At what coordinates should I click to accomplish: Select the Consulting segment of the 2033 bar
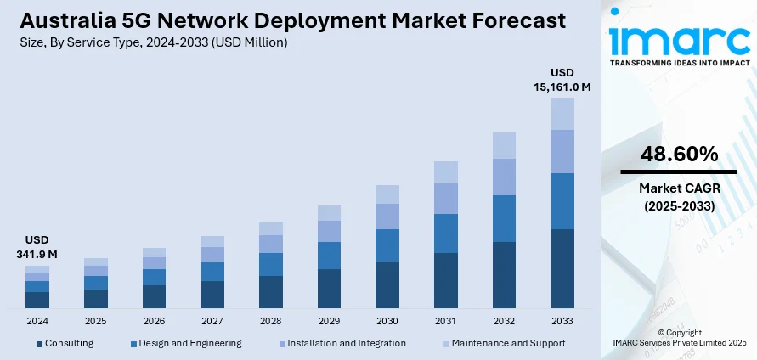pos(562,267)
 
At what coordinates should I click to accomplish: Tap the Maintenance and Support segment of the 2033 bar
pos(562,114)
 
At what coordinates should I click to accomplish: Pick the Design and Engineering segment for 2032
pos(504,218)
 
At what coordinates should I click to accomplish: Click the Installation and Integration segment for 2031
pos(445,199)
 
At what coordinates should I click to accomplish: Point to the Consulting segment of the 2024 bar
pos(37,299)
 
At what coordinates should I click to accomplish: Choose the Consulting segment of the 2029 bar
pos(329,288)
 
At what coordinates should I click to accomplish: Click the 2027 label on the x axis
pos(212,322)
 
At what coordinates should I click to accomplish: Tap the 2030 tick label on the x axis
pos(387,322)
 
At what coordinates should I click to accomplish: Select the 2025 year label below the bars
pos(96,322)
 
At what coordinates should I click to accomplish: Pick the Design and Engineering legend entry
pos(186,343)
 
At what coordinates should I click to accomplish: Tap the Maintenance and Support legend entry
pos(504,343)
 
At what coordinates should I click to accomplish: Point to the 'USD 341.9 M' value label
pos(37,246)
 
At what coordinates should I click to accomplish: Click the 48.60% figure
pos(678,154)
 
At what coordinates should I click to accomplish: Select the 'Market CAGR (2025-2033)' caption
pos(678,197)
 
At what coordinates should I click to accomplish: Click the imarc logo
pos(677,40)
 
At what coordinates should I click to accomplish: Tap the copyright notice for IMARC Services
pos(678,338)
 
